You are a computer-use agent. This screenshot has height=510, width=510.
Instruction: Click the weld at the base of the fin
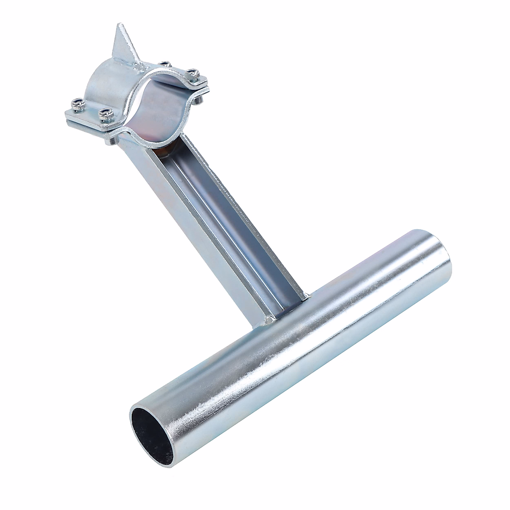tap(127, 64)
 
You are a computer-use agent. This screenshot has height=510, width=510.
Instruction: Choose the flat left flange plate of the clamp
tap(85, 116)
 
